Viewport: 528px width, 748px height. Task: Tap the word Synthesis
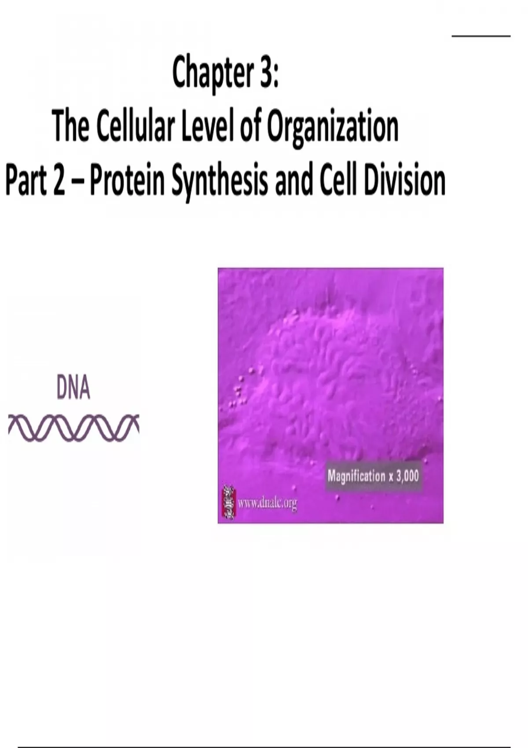[220, 183]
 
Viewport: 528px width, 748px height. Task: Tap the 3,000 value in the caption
[407, 476]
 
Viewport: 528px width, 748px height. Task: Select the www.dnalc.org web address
[267, 503]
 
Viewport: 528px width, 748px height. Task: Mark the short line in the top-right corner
[481, 36]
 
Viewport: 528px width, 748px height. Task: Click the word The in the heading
[71, 126]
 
